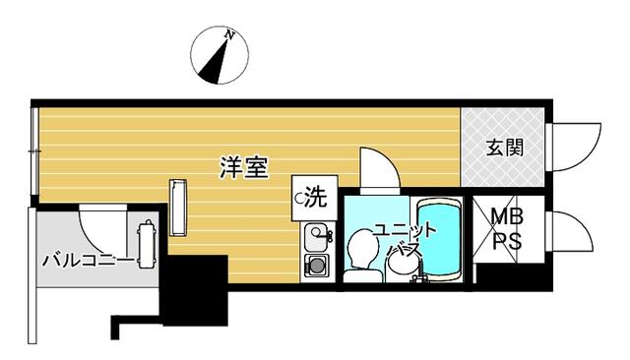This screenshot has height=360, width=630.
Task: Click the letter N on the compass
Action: (x=229, y=34)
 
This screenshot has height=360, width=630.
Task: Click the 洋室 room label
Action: (x=244, y=167)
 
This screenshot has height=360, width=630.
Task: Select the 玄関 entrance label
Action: (x=505, y=148)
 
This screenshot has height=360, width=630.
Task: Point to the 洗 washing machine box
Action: (x=315, y=198)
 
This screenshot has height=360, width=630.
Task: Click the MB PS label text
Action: (x=508, y=229)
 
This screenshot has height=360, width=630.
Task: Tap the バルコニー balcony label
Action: (x=88, y=262)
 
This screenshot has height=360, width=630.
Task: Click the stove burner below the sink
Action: (x=317, y=266)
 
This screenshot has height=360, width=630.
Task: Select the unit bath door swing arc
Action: (x=379, y=167)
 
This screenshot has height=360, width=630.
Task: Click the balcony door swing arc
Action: (x=102, y=231)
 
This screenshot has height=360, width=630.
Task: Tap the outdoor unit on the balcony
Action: (x=145, y=244)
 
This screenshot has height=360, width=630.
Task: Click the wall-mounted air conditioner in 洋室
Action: (x=178, y=208)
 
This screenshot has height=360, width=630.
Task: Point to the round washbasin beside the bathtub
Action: (x=403, y=266)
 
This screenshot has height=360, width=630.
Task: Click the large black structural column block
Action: (x=195, y=290)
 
